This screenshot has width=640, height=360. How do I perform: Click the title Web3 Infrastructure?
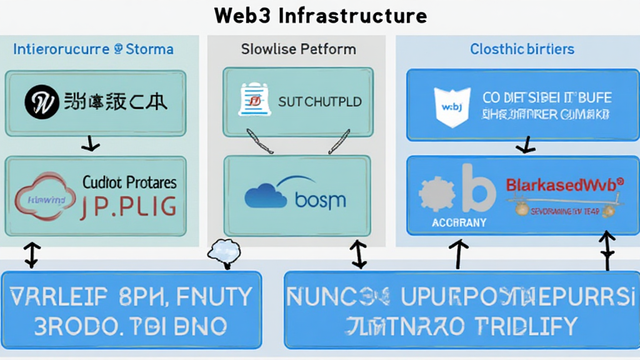point(321,15)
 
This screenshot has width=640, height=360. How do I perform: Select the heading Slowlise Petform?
point(298,49)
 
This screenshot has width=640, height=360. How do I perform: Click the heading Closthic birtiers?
point(522,49)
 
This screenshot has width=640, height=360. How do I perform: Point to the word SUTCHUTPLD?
point(319,102)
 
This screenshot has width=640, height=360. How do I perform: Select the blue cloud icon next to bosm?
point(267,194)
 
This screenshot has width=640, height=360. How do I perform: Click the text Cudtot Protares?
point(129,182)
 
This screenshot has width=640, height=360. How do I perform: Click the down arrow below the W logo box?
point(91,146)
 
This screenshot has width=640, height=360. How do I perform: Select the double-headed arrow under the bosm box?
point(359,254)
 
